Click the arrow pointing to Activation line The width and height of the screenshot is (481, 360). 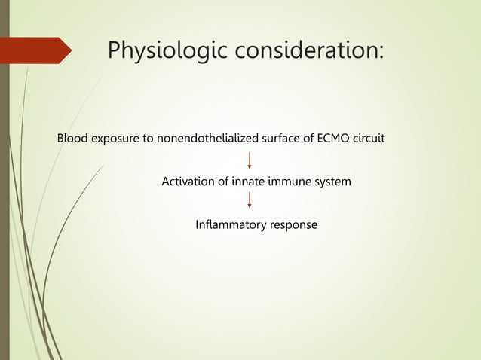pos(250,160)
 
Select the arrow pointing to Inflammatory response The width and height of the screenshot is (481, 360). pos(250,200)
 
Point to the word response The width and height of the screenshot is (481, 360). pos(293,224)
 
